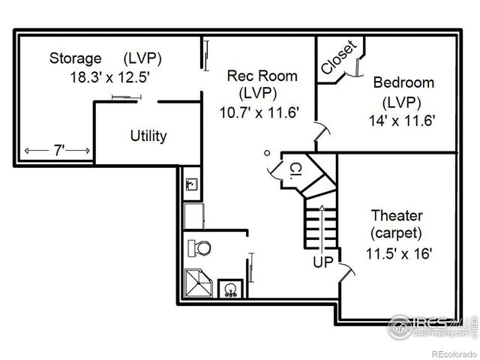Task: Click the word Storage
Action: click(76, 58)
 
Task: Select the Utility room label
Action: click(148, 136)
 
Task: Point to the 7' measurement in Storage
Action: click(58, 151)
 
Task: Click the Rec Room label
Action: click(262, 76)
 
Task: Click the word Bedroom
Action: click(403, 82)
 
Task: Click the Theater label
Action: click(396, 215)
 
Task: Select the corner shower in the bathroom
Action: click(199, 283)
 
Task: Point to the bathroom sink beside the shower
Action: click(230, 289)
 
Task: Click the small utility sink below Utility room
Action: click(191, 183)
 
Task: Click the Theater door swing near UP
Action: click(345, 271)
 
